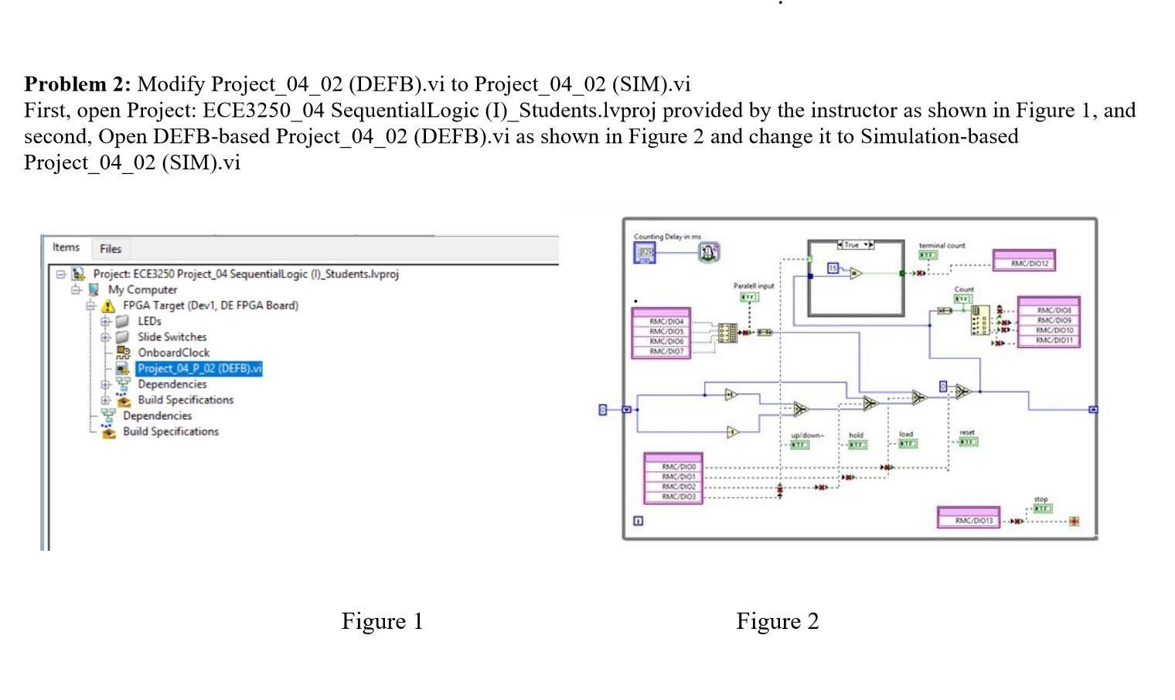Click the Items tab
pos(66,248)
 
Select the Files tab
pos(111,249)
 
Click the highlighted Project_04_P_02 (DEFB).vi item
pos(199,368)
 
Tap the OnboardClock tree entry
pos(173,353)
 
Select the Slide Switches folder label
pos(172,336)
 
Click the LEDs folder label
pos(149,321)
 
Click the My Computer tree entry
pos(142,289)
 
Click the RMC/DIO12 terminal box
pos(1025,263)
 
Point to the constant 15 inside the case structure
pos(833,268)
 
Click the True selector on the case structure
pos(856,244)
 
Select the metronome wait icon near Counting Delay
pos(709,251)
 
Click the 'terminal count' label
pos(942,245)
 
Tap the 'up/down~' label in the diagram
pos(807,435)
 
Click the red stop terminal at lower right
pos(1074,521)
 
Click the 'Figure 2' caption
pos(777,621)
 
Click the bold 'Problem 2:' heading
pos(77,84)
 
